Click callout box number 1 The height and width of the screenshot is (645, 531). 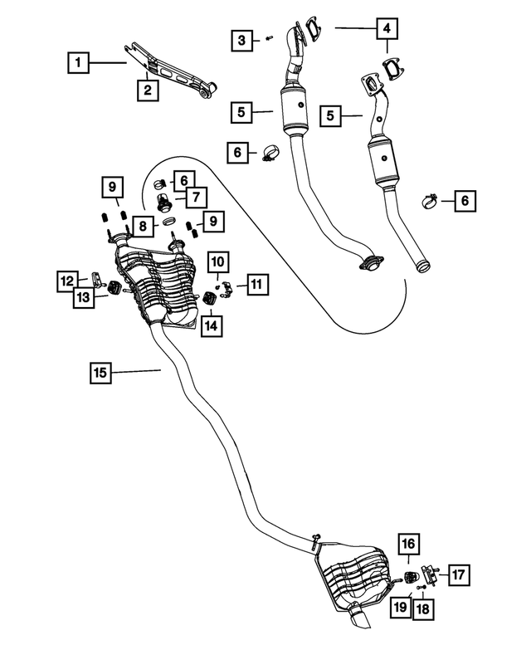tap(79, 61)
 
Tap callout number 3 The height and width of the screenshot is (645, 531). tap(241, 39)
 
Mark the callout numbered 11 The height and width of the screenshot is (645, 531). tap(256, 285)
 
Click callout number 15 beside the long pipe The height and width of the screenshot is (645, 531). tap(100, 373)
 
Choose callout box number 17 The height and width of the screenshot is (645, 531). tap(459, 572)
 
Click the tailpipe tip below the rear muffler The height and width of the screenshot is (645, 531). tap(359, 622)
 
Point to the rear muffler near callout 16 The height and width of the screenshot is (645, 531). tap(353, 573)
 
